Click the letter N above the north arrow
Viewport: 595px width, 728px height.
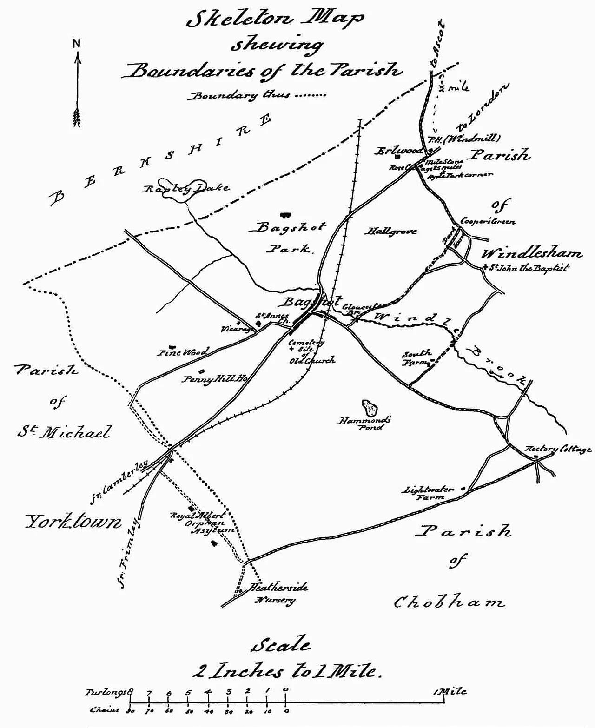[x=77, y=44]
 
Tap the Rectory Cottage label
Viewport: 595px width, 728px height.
[x=558, y=449]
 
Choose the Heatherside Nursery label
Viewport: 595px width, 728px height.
[x=279, y=594]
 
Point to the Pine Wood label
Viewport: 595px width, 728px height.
[x=182, y=352]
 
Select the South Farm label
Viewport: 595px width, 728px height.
[x=417, y=357]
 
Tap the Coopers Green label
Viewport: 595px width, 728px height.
[x=488, y=222]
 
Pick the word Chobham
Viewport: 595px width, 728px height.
[x=449, y=602]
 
